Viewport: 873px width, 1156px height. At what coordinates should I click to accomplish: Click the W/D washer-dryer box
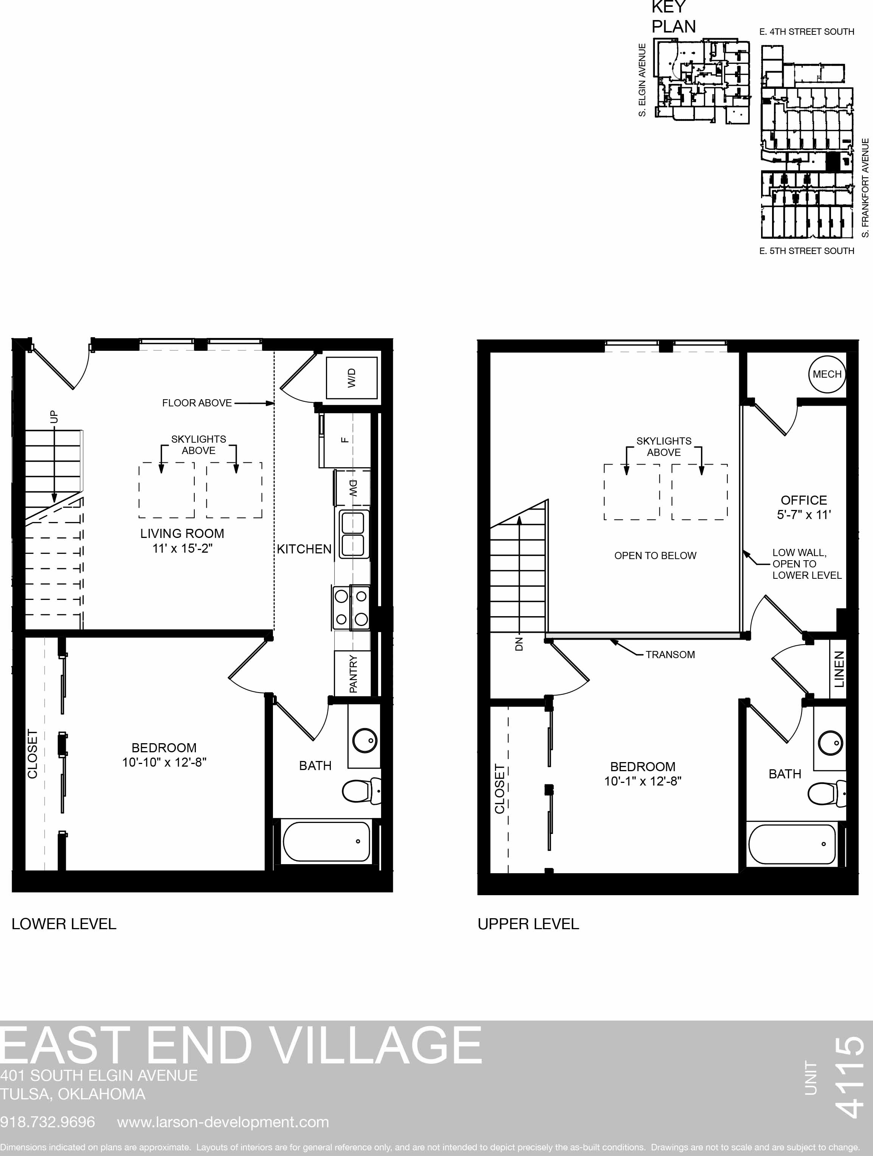pos(351,378)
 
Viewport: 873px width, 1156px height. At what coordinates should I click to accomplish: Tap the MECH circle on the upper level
pos(827,374)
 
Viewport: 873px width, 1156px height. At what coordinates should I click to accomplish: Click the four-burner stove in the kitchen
pos(351,607)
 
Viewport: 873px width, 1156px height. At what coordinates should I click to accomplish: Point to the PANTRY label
pos(354,674)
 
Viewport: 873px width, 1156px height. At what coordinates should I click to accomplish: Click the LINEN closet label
pos(839,669)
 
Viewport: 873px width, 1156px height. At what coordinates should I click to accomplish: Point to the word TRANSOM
pos(670,655)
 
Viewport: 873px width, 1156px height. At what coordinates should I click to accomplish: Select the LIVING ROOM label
pos(182,533)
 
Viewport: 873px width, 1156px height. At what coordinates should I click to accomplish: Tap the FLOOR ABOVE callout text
pos(197,403)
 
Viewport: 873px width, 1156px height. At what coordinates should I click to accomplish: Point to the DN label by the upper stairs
pos(519,645)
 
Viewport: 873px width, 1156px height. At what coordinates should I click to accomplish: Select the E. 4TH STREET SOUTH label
pos(806,32)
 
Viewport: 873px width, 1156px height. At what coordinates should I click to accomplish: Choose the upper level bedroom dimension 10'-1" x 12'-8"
pos(643,781)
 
